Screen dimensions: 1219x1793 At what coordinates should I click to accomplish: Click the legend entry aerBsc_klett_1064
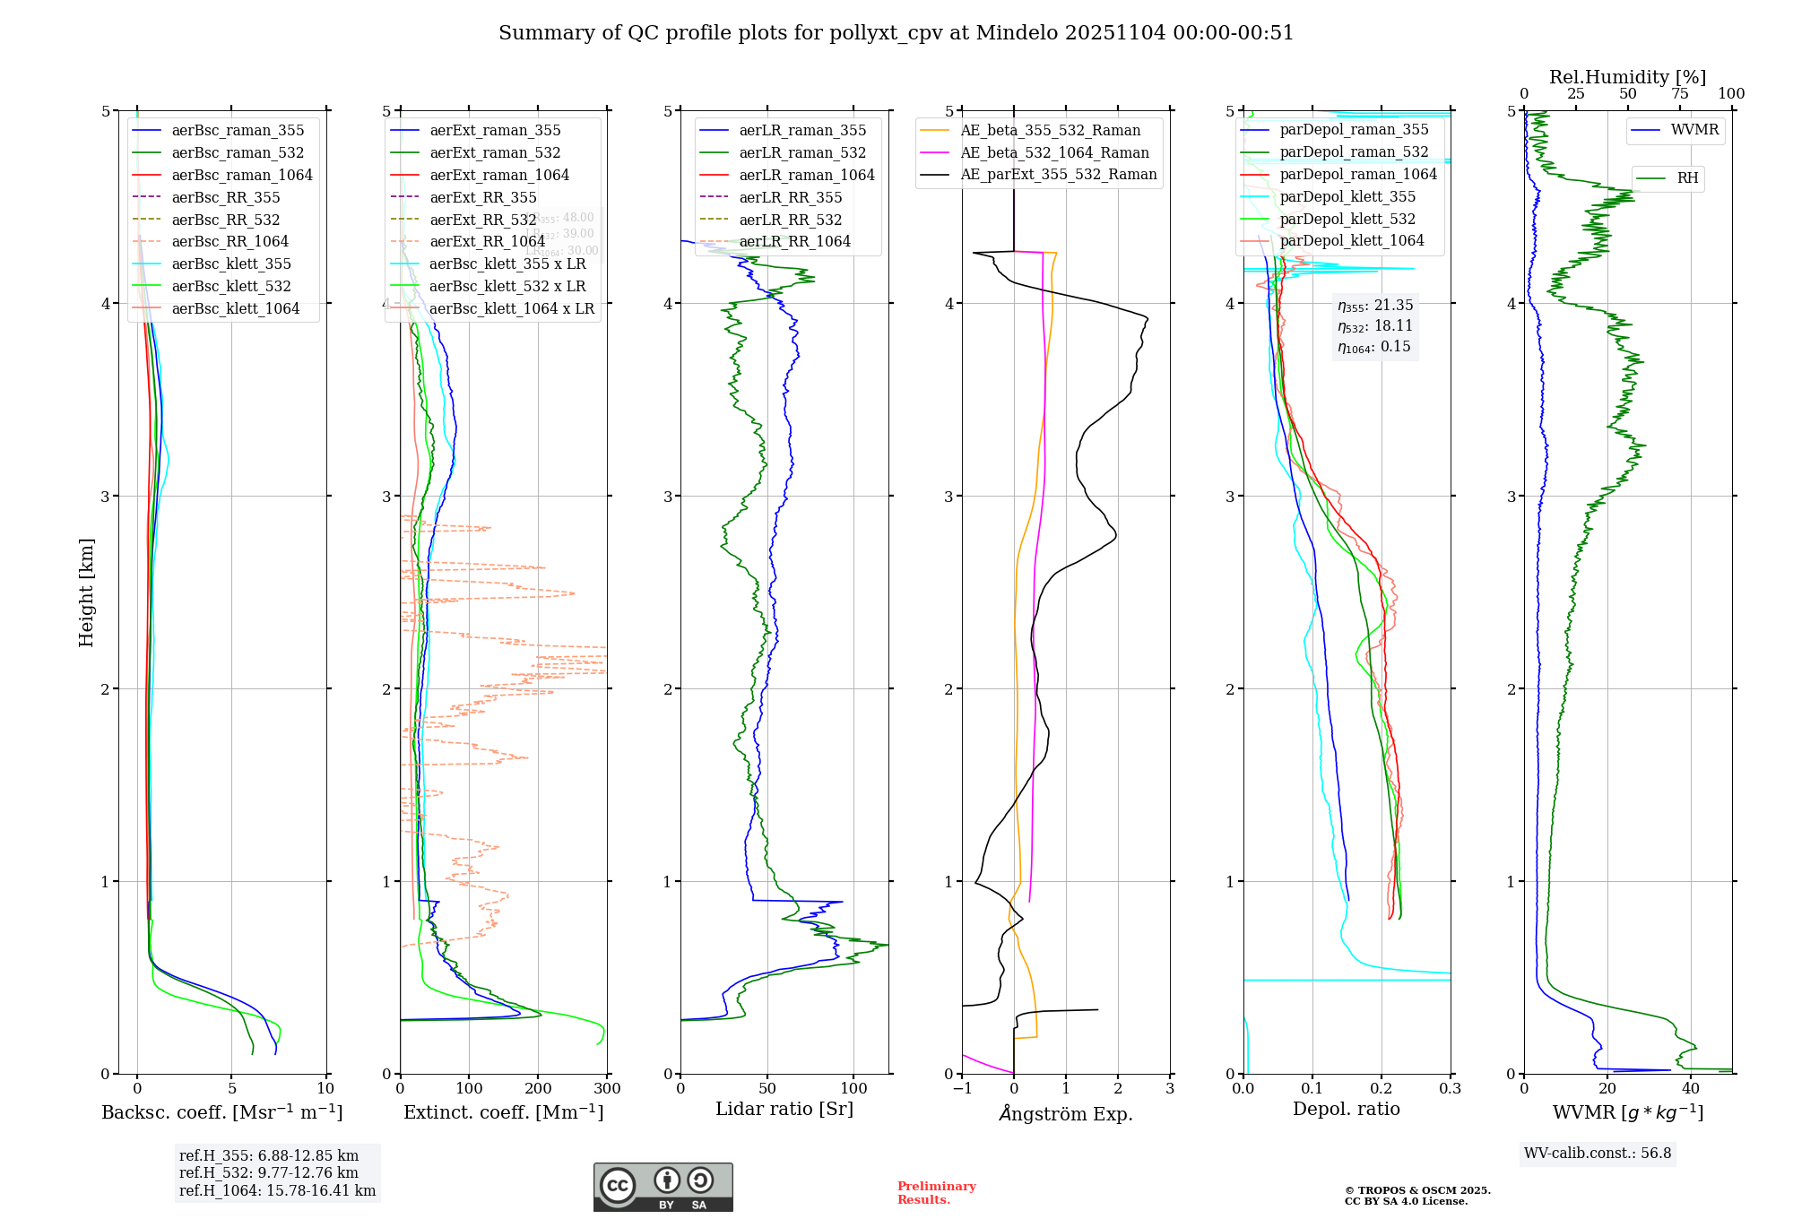coord(235,308)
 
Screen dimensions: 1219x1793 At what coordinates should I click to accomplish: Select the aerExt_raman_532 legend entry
coord(495,152)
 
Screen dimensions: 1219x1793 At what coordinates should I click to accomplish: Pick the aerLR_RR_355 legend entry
coord(790,197)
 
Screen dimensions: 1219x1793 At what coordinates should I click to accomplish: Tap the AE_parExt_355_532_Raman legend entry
coord(1058,174)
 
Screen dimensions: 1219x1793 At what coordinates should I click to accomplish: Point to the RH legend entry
coord(1687,177)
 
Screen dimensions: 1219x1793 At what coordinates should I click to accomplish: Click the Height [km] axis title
coord(86,592)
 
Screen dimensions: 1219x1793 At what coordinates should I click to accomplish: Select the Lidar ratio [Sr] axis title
coord(784,1109)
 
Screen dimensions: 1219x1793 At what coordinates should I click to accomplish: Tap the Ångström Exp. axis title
coord(1066,1113)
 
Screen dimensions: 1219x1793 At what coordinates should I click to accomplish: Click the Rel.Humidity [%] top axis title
coord(1627,77)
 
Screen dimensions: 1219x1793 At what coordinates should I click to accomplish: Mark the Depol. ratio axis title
coord(1346,1109)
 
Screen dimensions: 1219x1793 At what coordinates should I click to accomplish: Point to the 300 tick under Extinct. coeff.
coord(608,1089)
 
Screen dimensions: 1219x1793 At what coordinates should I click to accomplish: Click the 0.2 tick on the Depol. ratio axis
coord(1382,1089)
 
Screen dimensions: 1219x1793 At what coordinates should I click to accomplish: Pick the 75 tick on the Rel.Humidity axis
coord(1680,94)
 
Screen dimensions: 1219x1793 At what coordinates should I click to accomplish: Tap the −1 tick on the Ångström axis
coord(962,1089)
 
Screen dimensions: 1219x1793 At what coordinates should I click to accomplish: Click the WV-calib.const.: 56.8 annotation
coord(1598,1154)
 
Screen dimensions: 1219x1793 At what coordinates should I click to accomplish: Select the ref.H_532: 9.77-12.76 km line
coord(268,1173)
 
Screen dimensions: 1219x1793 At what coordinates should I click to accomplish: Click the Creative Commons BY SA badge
coord(663,1187)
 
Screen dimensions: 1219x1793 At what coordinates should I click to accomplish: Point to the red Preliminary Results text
coord(936,1193)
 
